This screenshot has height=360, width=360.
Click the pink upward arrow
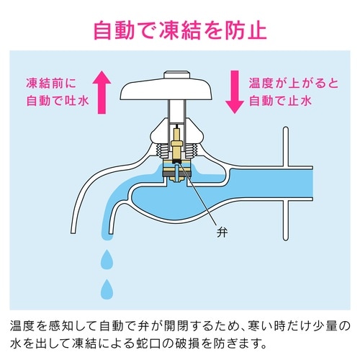click(x=103, y=88)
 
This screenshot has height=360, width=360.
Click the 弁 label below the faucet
click(x=220, y=233)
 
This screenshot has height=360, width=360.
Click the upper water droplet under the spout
click(x=107, y=258)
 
